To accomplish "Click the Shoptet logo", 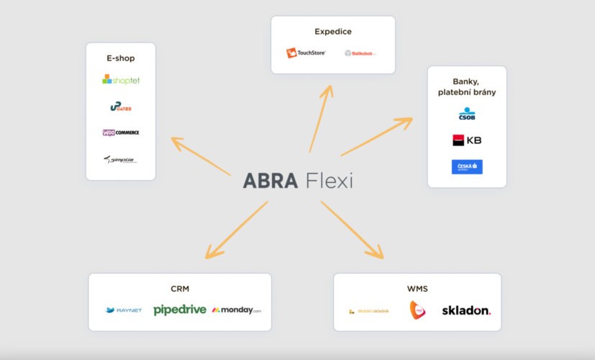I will coord(121,80).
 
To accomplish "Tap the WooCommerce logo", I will coord(121,132).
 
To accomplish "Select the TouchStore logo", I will coord(306,53).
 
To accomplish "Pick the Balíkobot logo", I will coord(360,53).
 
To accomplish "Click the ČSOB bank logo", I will coord(467,114).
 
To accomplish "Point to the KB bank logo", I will coord(467,140).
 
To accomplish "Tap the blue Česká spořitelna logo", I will coord(467,167).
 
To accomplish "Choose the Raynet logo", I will coord(124,310).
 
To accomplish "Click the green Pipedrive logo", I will coord(180,310).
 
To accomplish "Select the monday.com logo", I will coord(237,310).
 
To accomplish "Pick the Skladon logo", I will coord(466,310).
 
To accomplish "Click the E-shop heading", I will coord(121,58).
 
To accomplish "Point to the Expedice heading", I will coord(333,32).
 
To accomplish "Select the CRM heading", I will coord(180,289).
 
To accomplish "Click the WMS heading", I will coord(417,289).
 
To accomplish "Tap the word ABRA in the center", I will coord(270,180).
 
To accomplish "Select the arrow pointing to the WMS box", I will coord(352,230).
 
